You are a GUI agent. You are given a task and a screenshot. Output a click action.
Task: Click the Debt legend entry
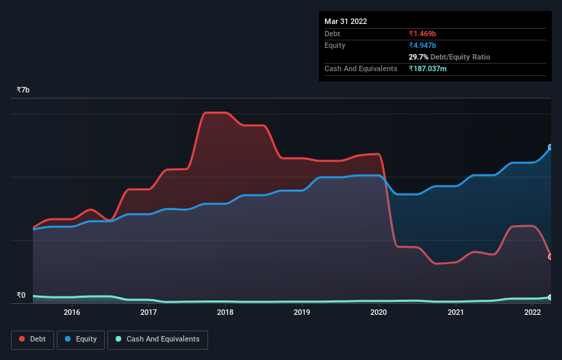[x=32, y=339]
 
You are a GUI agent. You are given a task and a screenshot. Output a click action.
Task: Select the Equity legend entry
[x=81, y=339]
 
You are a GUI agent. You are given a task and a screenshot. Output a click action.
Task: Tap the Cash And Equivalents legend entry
[x=157, y=339]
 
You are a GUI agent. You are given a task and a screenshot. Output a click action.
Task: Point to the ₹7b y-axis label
[x=23, y=90]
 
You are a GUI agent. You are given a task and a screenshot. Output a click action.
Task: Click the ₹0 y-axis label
[x=21, y=296]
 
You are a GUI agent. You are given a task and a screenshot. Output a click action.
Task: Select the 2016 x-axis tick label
[x=72, y=313]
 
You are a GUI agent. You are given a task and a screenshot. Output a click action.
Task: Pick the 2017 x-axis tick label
[x=149, y=313]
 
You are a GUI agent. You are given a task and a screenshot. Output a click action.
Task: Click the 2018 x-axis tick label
[x=225, y=313]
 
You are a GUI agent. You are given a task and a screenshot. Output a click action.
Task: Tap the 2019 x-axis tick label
[x=303, y=313]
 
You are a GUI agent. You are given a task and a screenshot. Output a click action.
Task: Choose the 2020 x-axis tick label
[x=379, y=313]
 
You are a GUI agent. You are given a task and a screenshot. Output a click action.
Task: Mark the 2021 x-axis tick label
[x=456, y=313]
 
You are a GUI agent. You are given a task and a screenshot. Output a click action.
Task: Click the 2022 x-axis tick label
[x=533, y=313]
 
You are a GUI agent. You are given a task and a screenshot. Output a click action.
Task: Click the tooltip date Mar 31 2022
[x=346, y=21]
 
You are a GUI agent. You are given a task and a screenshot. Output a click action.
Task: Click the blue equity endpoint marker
[x=550, y=147]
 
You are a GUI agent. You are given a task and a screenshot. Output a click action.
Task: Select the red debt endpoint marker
[x=550, y=257]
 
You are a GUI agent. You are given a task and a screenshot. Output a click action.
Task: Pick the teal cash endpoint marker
[x=550, y=297]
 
